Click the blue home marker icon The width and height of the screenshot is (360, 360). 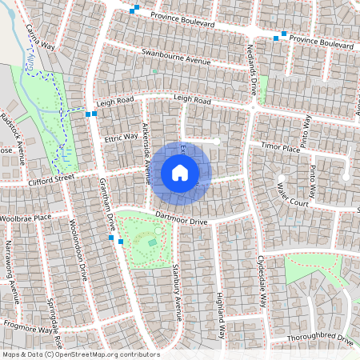click(180, 173)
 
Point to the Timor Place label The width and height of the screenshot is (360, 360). click(280, 148)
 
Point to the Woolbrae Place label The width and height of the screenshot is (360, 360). click(26, 217)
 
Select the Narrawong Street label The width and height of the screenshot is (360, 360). click(13, 276)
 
